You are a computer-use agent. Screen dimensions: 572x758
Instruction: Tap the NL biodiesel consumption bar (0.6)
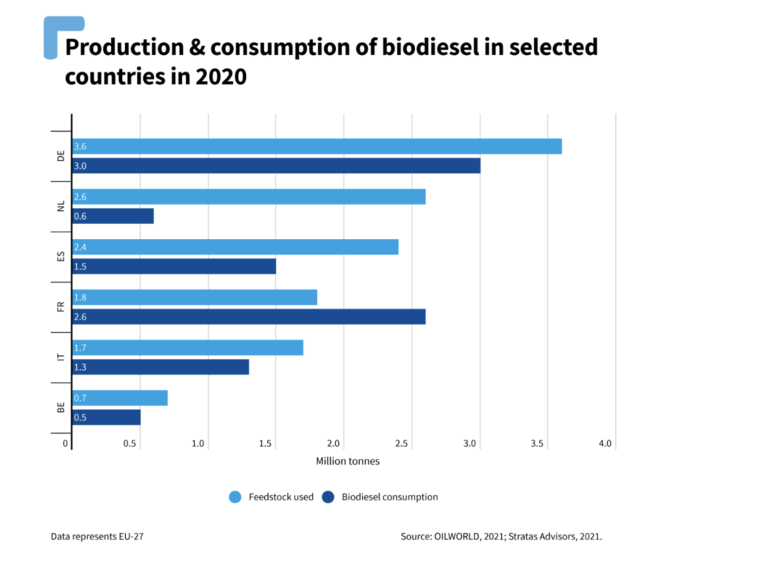[x=113, y=216]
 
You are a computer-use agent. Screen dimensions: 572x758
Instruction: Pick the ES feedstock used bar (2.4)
[x=235, y=247]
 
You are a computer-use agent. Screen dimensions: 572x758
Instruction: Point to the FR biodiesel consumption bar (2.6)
[x=249, y=317]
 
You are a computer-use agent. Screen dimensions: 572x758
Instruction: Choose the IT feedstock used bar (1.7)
[x=188, y=348]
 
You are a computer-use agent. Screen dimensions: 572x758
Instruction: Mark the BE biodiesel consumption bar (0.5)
[x=107, y=417]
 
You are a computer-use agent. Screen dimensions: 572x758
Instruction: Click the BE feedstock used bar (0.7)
[x=120, y=398]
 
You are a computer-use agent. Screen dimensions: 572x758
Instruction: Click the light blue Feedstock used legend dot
[x=235, y=497]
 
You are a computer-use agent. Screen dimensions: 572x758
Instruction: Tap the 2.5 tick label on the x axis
[x=401, y=444]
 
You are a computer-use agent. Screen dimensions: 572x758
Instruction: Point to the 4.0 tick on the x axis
[x=605, y=444]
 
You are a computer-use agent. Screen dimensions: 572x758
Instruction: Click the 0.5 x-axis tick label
[x=130, y=444]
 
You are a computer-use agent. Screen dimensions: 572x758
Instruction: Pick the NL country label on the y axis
[x=61, y=206]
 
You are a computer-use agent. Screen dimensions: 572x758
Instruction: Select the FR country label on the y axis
[x=61, y=306]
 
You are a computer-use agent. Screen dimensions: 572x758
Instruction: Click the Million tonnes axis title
[x=348, y=462]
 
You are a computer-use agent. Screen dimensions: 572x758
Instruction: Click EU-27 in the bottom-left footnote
[x=130, y=536]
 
